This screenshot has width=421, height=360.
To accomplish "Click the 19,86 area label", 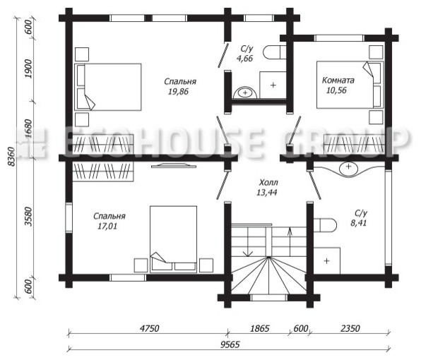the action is point(178,92).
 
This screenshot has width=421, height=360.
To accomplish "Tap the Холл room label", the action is point(268,183).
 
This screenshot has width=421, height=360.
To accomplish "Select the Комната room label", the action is point(338,80).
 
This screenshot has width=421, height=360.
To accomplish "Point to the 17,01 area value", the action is point(107,227).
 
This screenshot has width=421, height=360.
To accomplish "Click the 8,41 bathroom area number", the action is point(358,223).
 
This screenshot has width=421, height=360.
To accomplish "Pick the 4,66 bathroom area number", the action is point(244,58).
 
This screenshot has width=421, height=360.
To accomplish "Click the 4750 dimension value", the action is point(149,328).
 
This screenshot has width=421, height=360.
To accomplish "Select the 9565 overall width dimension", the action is point(230,344).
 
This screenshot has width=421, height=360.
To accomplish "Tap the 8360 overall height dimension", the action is point(11,157).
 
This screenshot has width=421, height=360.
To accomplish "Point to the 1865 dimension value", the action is point(259,328).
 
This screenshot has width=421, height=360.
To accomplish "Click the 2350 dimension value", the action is point(350,328).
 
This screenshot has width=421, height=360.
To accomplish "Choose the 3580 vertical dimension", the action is point(28,216).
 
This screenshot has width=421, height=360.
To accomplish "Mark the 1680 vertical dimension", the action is point(28,128).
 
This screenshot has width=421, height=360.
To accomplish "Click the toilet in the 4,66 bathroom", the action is point(275,52).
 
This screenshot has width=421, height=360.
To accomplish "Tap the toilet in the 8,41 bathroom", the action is point(325,225).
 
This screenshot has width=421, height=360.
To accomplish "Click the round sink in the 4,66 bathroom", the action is point(245,92).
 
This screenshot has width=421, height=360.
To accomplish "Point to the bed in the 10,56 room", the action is point(350,85).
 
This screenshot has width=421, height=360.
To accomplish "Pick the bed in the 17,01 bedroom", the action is point(174,239).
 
